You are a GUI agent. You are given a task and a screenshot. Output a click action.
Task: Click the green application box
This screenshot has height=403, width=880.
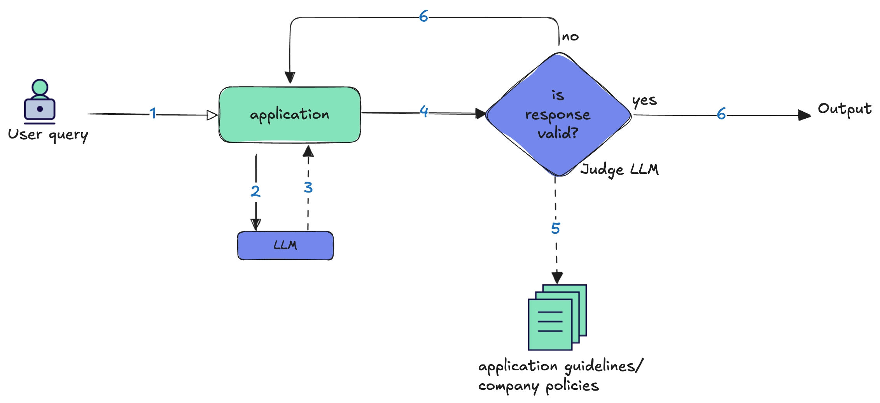(x=290, y=115)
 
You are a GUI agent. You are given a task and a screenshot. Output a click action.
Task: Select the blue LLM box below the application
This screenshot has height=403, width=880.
(x=285, y=245)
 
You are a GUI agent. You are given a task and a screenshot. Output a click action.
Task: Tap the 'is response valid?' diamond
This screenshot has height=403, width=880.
(x=558, y=115)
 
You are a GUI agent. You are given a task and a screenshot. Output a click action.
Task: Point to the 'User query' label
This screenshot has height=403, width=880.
(x=48, y=135)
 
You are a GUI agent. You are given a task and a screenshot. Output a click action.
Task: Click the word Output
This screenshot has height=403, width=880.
(x=845, y=109)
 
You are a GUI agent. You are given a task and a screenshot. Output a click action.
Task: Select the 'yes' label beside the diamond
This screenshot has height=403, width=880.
(x=644, y=101)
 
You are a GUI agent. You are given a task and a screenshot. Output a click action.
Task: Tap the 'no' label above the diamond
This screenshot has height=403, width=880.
(x=570, y=37)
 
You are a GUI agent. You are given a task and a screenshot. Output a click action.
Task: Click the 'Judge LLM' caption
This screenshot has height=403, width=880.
(x=619, y=170)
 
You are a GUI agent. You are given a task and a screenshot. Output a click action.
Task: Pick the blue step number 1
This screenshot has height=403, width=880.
(x=153, y=113)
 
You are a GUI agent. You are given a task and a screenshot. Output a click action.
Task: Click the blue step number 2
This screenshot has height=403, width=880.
(x=255, y=191)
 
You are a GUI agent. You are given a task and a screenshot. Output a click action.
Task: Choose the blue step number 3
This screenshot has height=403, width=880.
(x=308, y=187)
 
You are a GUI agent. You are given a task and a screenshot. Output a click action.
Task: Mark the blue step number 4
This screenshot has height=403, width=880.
(x=424, y=111)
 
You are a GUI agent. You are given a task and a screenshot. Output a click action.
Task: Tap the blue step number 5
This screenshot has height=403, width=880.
(x=556, y=228)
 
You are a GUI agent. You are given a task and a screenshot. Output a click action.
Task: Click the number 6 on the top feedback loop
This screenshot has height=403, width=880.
(x=423, y=16)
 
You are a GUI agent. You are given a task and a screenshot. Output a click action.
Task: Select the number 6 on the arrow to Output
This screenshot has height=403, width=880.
(x=721, y=114)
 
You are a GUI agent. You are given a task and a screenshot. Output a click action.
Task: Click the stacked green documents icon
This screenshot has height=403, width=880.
(x=557, y=317)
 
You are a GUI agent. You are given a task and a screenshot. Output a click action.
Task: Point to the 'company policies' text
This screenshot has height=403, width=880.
(x=539, y=386)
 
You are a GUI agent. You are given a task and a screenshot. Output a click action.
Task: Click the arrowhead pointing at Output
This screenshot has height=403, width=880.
(x=804, y=115)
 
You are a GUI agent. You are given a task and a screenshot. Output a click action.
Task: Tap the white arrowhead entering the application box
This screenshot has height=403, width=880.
(x=212, y=115)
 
